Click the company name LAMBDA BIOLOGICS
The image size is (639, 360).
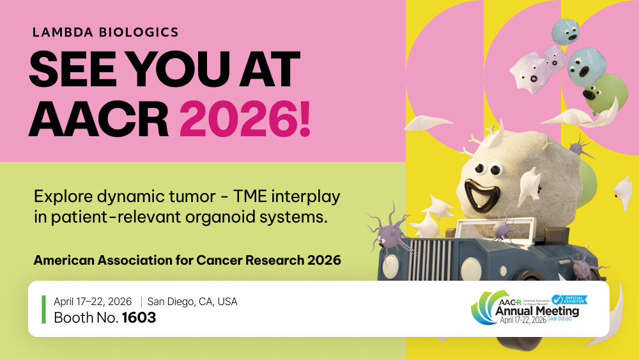106,31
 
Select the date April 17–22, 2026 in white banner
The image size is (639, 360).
93,302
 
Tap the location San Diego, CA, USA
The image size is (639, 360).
192,302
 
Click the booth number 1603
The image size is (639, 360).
139,317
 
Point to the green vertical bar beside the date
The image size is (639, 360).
43,309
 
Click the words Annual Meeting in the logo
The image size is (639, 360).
537,311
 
